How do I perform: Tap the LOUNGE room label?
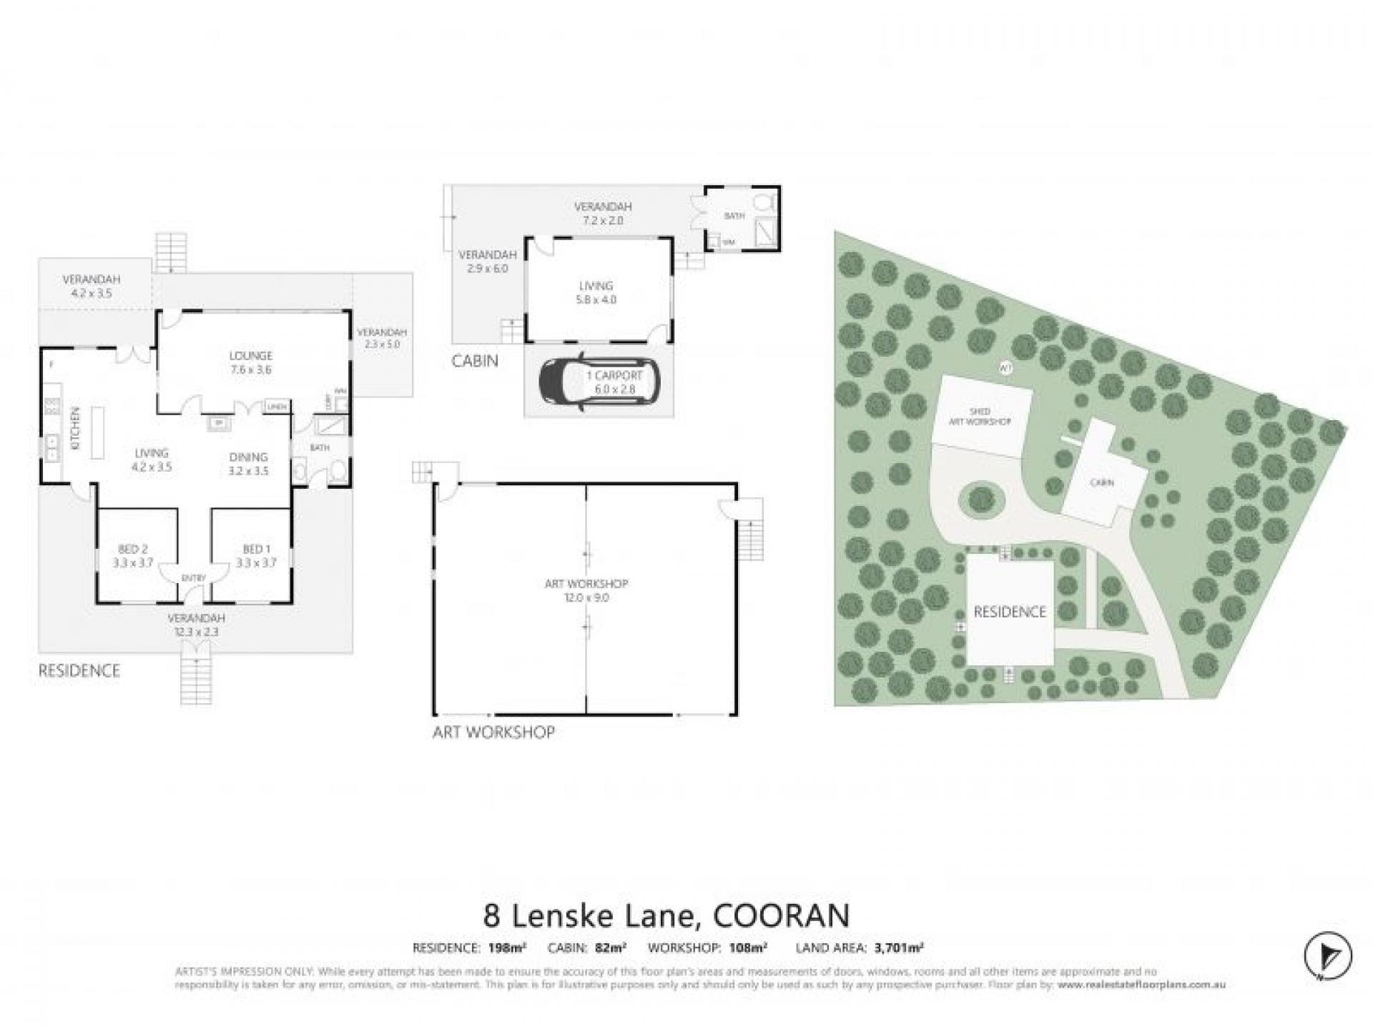click(250, 362)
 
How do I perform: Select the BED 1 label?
click(257, 556)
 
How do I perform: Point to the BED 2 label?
click(133, 556)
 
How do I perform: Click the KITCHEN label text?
click(76, 427)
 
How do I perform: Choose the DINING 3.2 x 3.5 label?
click(248, 464)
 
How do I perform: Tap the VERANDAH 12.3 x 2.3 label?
click(196, 625)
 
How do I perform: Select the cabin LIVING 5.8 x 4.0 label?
click(596, 292)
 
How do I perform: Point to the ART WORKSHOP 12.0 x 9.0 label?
click(586, 590)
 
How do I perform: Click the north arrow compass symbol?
click(1327, 955)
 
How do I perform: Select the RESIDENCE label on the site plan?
click(1009, 612)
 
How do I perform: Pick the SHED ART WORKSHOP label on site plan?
click(980, 417)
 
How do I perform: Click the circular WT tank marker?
click(1005, 368)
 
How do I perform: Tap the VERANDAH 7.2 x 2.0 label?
click(603, 213)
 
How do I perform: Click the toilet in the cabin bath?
click(763, 202)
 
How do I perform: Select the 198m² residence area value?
click(507, 948)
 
